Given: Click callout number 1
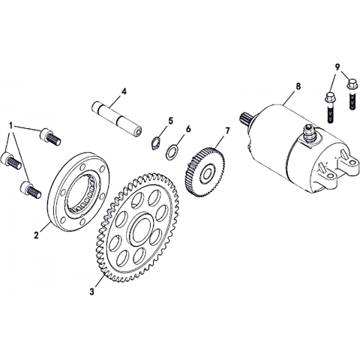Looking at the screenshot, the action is tap(10, 125).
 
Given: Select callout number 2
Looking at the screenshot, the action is tap(37, 235).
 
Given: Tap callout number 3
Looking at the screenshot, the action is tap(92, 291).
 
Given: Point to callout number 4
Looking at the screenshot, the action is tap(124, 91).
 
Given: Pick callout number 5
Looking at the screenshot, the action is tap(170, 121).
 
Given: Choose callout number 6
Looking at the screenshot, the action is tap(188, 129).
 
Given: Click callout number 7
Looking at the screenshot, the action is tap(227, 130).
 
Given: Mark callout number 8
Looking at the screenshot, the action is tap(298, 86).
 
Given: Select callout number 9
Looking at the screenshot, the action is tap(337, 67).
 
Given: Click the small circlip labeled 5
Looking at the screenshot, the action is tap(157, 143).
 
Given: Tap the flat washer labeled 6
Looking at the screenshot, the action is tap(172, 151).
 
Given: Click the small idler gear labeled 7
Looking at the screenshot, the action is tap(205, 172).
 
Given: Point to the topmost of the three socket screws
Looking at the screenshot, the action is tap(50, 136).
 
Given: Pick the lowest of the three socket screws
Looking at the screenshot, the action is tap(31, 190).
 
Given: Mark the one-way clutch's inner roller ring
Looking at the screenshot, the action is tap(81, 193).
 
